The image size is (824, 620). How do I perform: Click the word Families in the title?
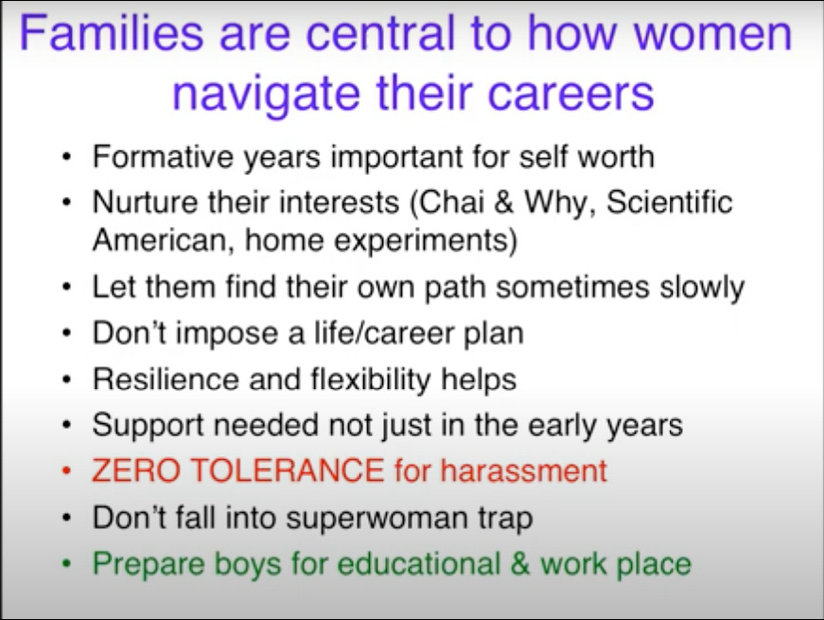[x=112, y=33]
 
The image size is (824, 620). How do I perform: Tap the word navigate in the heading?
[x=266, y=94]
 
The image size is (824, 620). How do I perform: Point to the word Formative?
[x=163, y=156]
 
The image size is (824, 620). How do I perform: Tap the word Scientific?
[x=670, y=202]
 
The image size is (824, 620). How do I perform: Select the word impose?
[x=226, y=333]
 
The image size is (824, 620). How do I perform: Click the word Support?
[x=148, y=425]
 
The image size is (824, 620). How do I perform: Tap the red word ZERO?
[x=135, y=470]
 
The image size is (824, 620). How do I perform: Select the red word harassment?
[x=523, y=470]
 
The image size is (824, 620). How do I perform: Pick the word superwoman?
[x=377, y=518]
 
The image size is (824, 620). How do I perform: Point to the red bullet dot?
[x=66, y=471]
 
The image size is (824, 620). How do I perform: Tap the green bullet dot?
[x=66, y=564]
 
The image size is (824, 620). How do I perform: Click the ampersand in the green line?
[x=519, y=563]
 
